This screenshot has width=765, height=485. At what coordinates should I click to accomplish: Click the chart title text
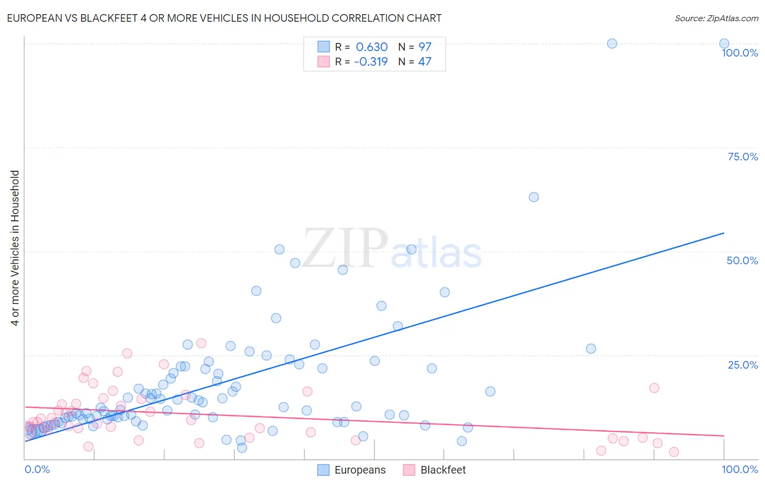pyautogui.click(x=224, y=18)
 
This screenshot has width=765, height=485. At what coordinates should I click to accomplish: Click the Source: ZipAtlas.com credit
pyautogui.click(x=716, y=18)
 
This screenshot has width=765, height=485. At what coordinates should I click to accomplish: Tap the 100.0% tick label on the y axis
pyautogui.click(x=739, y=53)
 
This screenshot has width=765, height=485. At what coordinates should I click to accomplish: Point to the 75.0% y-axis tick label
pyautogui.click(x=743, y=157)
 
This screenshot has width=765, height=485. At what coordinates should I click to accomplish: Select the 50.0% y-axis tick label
pyautogui.click(x=742, y=260)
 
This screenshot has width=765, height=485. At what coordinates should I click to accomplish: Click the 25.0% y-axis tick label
pyautogui.click(x=743, y=364)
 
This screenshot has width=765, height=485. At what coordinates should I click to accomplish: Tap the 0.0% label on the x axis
pyautogui.click(x=37, y=469)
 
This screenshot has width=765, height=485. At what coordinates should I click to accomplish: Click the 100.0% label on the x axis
pyautogui.click(x=739, y=469)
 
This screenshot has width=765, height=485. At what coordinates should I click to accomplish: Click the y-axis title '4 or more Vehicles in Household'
pyautogui.click(x=15, y=248)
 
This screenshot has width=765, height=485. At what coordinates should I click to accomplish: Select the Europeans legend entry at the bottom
pyautogui.click(x=351, y=470)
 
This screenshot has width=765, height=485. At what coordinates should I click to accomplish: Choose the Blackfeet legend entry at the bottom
pyautogui.click(x=435, y=470)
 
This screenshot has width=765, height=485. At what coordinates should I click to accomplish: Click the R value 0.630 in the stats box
pyautogui.click(x=372, y=47)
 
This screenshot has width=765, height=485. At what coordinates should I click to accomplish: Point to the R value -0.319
pyautogui.click(x=371, y=62)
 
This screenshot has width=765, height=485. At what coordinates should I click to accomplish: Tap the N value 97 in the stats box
pyautogui.click(x=424, y=47)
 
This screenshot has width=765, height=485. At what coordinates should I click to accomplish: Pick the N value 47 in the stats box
pyautogui.click(x=424, y=62)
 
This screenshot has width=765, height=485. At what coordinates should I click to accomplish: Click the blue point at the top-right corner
pyautogui.click(x=724, y=43)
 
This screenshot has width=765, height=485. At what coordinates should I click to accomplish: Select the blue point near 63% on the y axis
pyautogui.click(x=534, y=197)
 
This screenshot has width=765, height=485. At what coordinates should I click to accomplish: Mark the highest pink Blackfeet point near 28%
pyautogui.click(x=201, y=343)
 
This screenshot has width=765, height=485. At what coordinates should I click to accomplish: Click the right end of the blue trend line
pyautogui.click(x=724, y=233)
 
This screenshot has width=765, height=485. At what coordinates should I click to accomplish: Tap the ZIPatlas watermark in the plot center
pyautogui.click(x=392, y=248)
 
